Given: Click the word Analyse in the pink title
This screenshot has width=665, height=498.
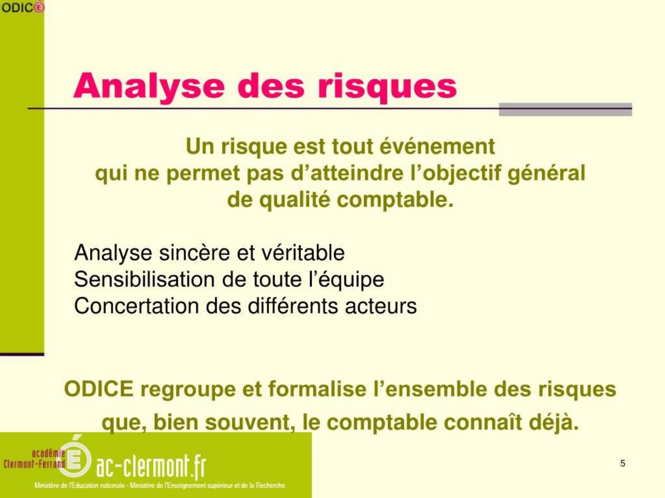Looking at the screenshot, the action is click(149, 86).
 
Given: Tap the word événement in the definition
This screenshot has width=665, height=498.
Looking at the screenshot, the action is click(437, 146).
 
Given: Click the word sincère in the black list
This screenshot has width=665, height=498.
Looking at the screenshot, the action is click(194, 253).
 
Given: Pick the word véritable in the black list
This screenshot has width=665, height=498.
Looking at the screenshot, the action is click(303, 253).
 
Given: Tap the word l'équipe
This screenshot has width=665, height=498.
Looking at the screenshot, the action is click(346, 280).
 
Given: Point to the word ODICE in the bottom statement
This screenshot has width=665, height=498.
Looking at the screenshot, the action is click(99, 389).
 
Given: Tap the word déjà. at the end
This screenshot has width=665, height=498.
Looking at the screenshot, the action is click(554, 422).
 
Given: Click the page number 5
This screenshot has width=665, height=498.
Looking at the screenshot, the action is click(623, 463).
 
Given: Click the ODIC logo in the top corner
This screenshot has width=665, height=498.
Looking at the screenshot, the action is click(23, 7).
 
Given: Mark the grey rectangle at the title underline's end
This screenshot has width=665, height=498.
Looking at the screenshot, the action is click(565, 109).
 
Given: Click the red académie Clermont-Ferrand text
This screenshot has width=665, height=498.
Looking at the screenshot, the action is click(34, 459).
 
